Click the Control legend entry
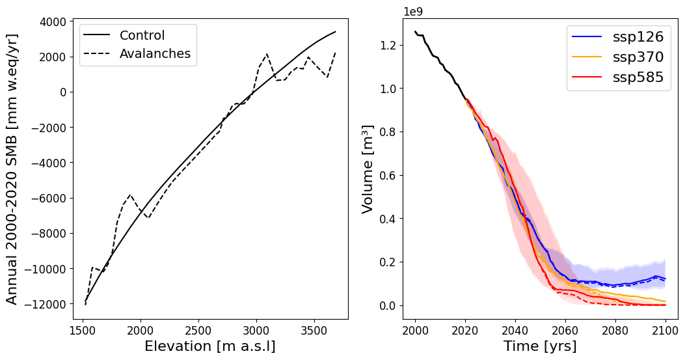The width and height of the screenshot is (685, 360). (x=142, y=36)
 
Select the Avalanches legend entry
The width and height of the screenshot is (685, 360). (x=155, y=54)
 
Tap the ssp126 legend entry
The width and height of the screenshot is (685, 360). (x=638, y=37)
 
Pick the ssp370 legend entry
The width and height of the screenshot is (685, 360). (x=638, y=57)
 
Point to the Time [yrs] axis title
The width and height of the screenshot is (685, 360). (x=540, y=346)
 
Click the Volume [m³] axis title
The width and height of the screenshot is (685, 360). (x=368, y=169)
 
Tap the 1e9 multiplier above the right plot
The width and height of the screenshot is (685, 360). (x=414, y=12)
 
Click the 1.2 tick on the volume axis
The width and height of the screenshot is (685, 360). (x=389, y=45)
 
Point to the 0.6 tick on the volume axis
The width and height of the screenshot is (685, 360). (x=389, y=175)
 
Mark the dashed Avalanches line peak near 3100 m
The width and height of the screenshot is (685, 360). (x=267, y=55)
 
